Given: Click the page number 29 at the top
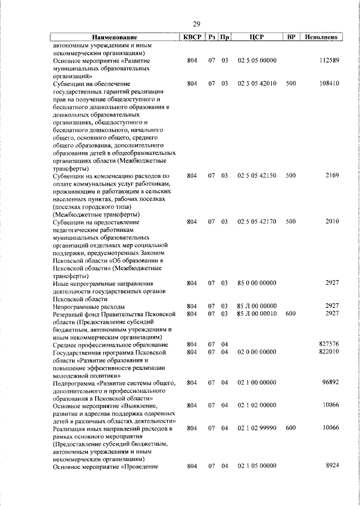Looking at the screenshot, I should [196, 24].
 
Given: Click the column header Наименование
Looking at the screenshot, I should [114, 37].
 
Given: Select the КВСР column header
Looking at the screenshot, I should [192, 37].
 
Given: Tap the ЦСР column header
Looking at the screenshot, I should [256, 37].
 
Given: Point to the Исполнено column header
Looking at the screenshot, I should [321, 37].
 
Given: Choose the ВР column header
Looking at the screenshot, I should [291, 37].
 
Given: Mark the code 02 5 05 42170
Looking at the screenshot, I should [256, 222].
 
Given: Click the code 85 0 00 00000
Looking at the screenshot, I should [256, 283].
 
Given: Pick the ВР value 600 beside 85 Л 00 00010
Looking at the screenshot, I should [291, 314].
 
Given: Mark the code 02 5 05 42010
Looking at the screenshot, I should [256, 83].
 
